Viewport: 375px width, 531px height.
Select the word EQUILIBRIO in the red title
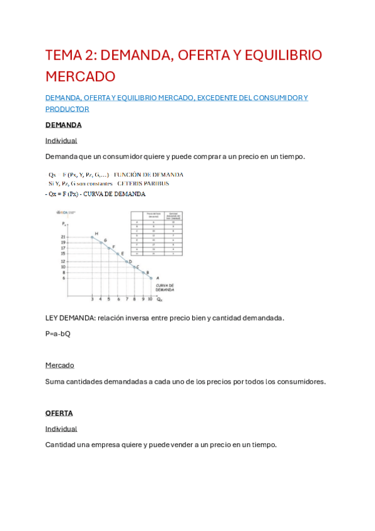285,55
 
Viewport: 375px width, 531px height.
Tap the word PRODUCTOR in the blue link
68,109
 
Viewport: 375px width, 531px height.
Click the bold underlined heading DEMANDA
63,125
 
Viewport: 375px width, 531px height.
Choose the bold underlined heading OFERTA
59,413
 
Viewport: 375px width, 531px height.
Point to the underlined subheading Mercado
59,365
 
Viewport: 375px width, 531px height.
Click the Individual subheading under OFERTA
61,429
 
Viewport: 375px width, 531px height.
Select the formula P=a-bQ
58,334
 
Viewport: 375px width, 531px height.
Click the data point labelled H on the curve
92,237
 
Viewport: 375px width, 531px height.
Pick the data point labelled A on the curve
151,277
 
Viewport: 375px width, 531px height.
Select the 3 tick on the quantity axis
92,299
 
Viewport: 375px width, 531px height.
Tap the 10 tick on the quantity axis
150,299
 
